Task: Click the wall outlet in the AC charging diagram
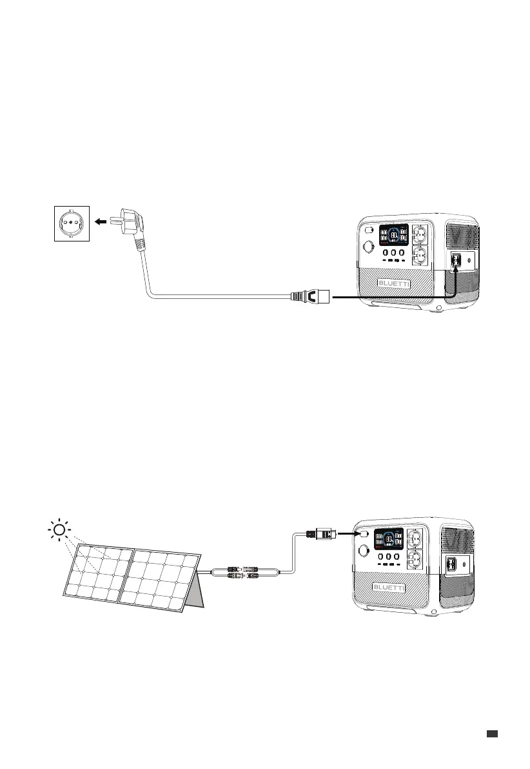(71, 223)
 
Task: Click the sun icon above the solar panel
(59, 531)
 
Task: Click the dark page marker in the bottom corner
(493, 733)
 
